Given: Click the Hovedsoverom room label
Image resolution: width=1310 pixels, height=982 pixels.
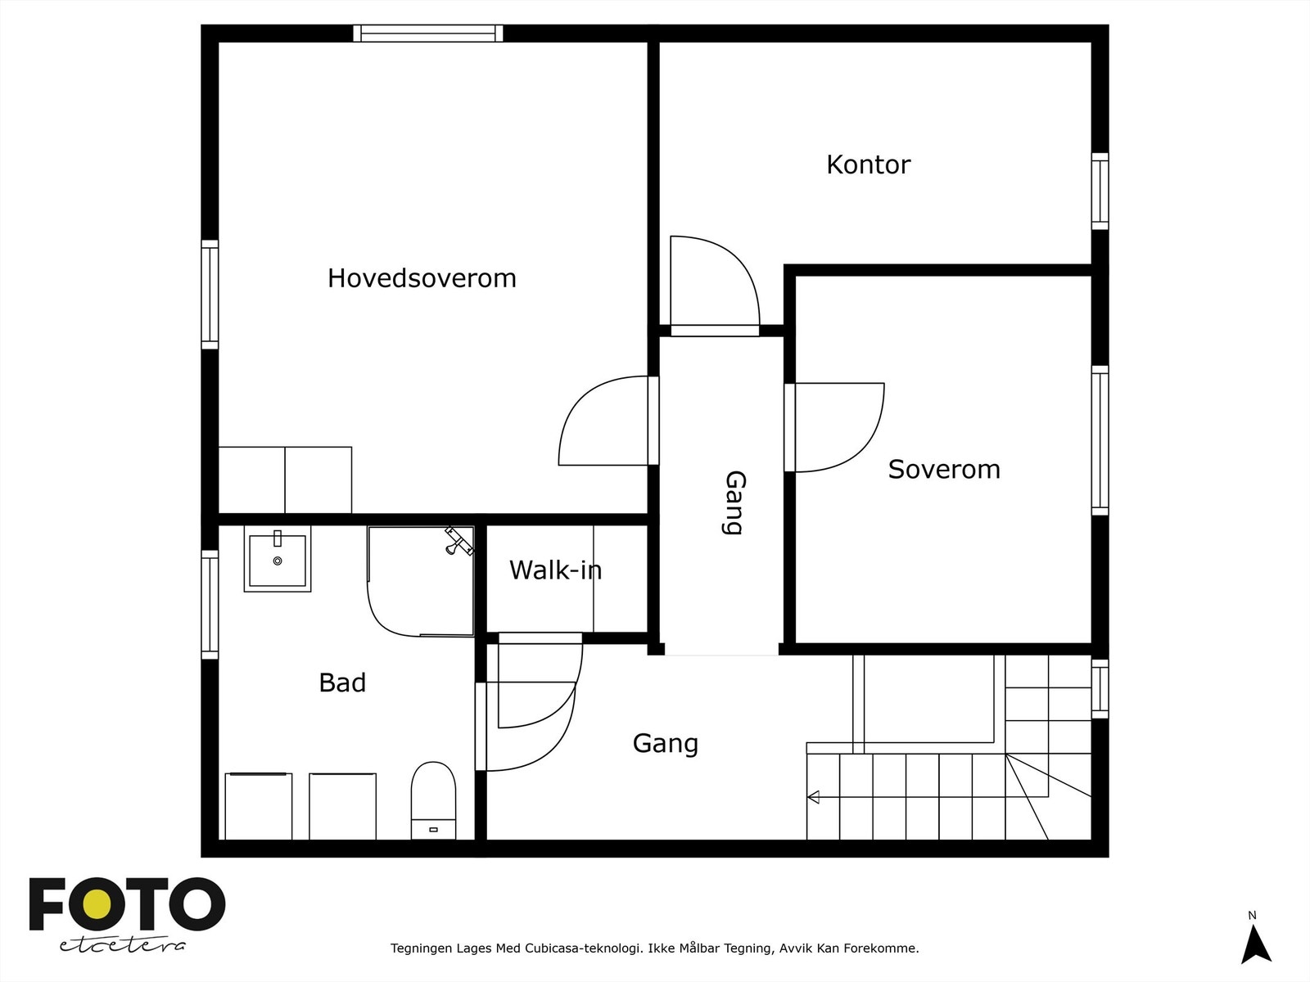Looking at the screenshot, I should click(x=422, y=278).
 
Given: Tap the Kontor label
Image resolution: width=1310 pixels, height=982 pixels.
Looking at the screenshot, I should click(x=868, y=164).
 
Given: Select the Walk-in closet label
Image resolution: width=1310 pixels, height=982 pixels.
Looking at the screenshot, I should click(x=555, y=570).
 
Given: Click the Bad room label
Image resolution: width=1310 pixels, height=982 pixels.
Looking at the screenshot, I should click(x=341, y=682).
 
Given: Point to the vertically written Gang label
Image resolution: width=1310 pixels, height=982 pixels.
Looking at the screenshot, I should click(x=734, y=502).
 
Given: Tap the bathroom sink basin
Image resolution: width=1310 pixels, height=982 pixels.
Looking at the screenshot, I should click(x=278, y=561).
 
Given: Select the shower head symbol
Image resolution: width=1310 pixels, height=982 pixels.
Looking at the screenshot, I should click(x=458, y=540).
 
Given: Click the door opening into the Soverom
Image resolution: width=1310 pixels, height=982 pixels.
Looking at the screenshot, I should click(x=839, y=427).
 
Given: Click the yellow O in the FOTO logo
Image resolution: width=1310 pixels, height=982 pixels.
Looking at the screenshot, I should click(x=98, y=904).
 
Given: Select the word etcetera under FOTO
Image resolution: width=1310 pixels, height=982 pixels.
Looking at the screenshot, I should click(x=123, y=945).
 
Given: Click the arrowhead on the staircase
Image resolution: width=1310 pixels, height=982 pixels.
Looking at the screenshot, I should click(x=813, y=796).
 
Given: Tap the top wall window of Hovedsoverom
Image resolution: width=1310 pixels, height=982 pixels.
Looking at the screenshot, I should click(x=428, y=34).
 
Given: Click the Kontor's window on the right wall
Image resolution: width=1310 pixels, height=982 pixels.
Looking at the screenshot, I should click(x=1100, y=191).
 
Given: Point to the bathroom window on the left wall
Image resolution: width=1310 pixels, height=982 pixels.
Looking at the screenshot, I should click(x=210, y=604).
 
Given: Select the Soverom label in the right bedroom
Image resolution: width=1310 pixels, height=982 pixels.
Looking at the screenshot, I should click(x=943, y=469).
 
